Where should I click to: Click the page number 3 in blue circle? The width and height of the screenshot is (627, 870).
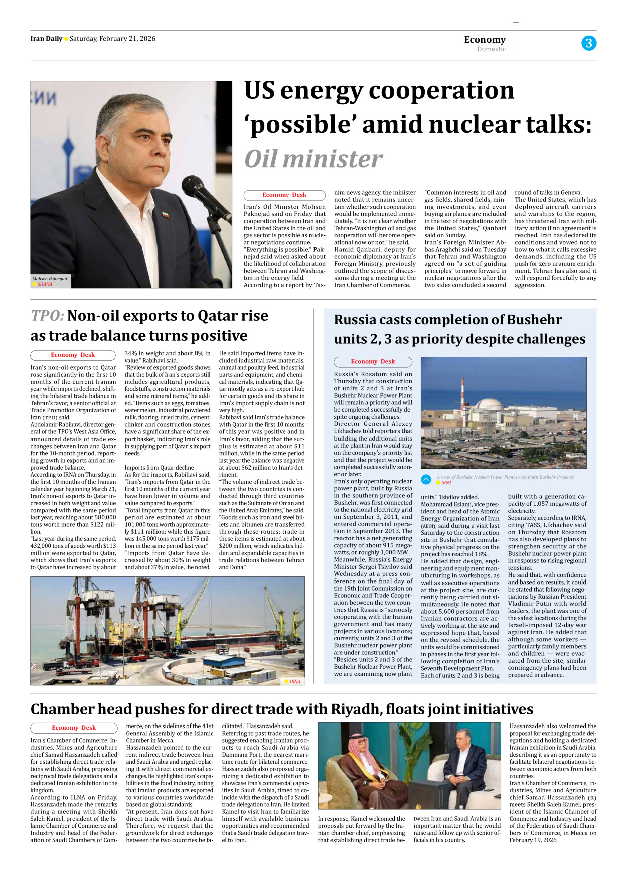tap(589, 43)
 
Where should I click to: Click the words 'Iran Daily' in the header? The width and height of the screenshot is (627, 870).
tap(46, 39)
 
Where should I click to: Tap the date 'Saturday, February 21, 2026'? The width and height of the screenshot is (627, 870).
tap(112, 39)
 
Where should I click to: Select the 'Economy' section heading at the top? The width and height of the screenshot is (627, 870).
tap(485, 40)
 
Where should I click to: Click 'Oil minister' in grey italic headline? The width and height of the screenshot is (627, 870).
tap(314, 159)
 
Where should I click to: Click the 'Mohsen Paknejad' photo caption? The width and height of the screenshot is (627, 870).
tap(50, 278)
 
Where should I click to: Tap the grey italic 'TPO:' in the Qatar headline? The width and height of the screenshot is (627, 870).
tap(47, 316)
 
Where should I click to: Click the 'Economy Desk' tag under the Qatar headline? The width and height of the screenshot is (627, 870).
tap(73, 355)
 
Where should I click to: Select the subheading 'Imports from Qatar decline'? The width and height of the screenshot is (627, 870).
tap(159, 467)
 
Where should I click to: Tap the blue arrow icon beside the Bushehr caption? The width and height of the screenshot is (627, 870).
tap(426, 479)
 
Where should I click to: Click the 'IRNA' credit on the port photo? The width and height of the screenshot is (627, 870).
tap(295, 681)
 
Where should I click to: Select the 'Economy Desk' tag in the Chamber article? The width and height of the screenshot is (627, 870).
tap(74, 728)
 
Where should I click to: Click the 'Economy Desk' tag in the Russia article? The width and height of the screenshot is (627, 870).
tap(373, 362)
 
